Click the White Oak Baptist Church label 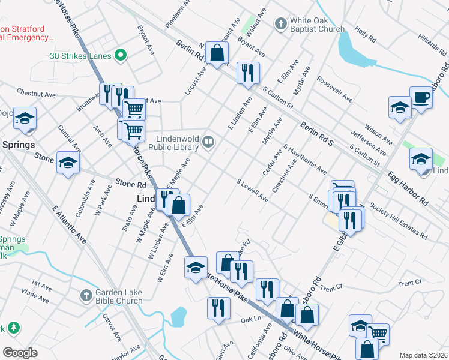[317, 25]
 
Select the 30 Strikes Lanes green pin [121, 56]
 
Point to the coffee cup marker [421, 97]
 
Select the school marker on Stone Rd [68, 163]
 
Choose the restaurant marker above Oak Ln [218, 308]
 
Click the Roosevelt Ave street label [335, 88]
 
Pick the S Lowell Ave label [252, 190]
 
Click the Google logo [20, 352]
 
